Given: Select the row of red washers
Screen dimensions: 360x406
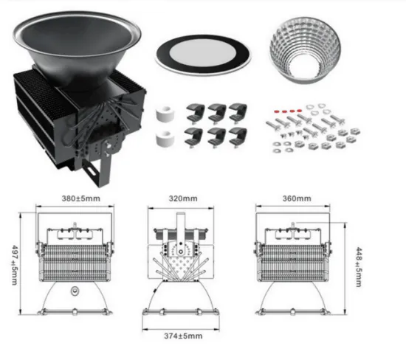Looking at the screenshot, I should point(288,111).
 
